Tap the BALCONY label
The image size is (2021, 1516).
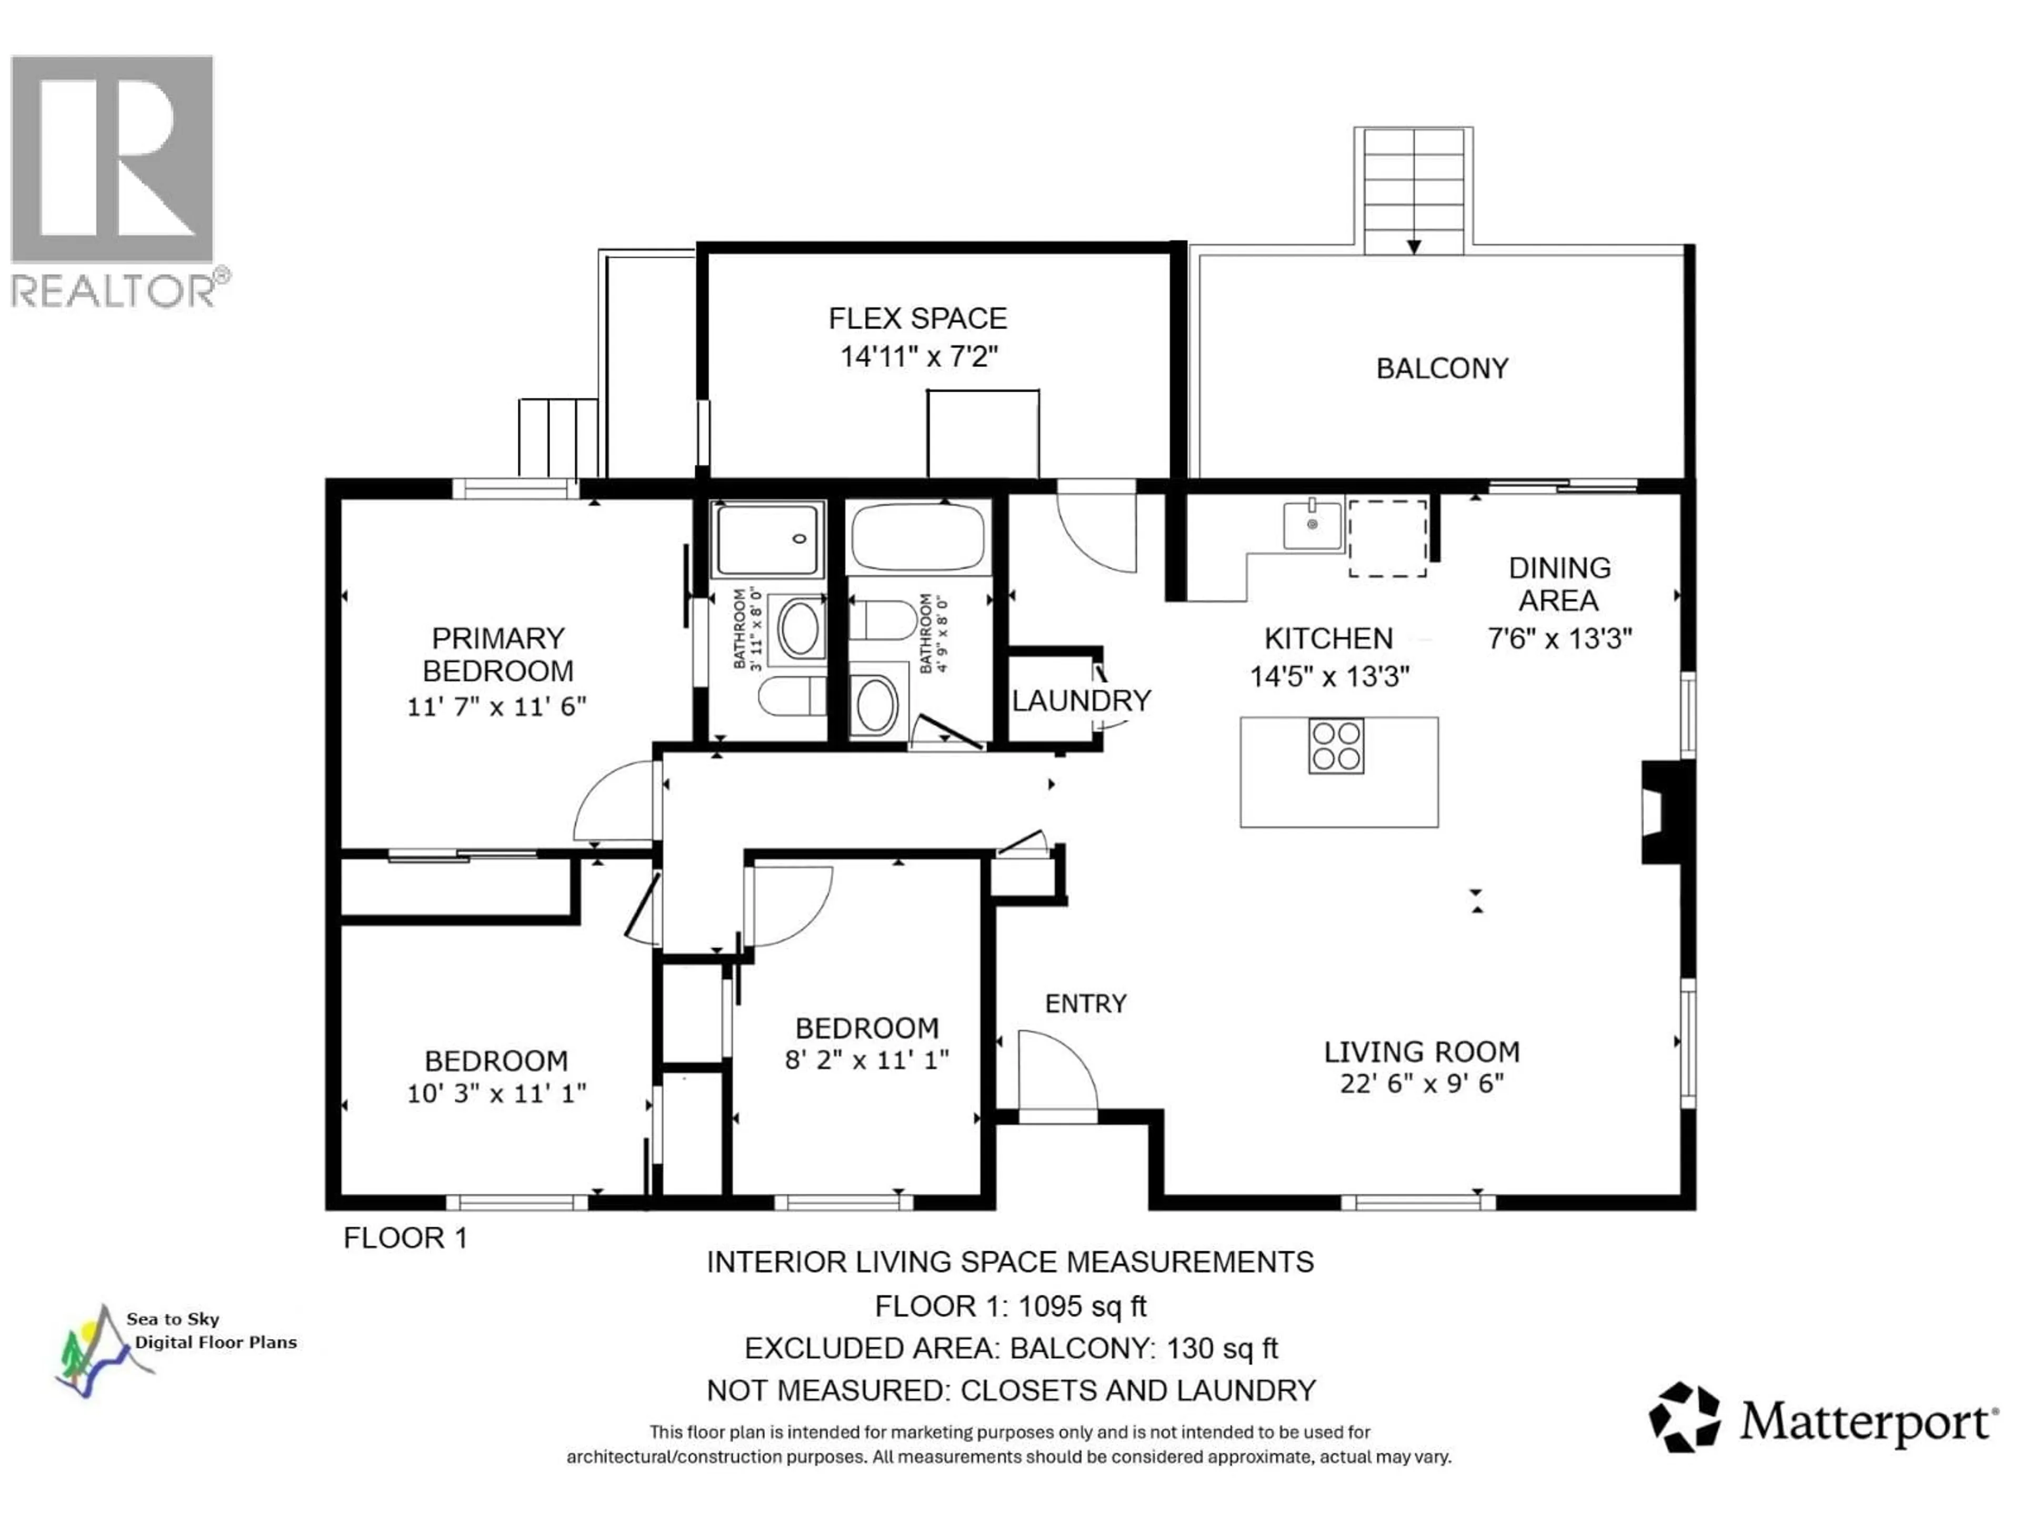(1442, 368)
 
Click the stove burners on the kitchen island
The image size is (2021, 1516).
(1336, 746)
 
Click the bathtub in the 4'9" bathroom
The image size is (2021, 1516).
(918, 537)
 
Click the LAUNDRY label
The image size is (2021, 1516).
(1081, 701)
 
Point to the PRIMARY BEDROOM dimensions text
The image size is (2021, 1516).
(496, 706)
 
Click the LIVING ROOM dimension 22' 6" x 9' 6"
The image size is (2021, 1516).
(1422, 1084)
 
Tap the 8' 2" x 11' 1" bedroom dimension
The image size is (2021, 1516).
(866, 1060)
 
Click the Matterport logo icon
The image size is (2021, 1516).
(1683, 1418)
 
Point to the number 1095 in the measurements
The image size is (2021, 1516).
(1050, 1306)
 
